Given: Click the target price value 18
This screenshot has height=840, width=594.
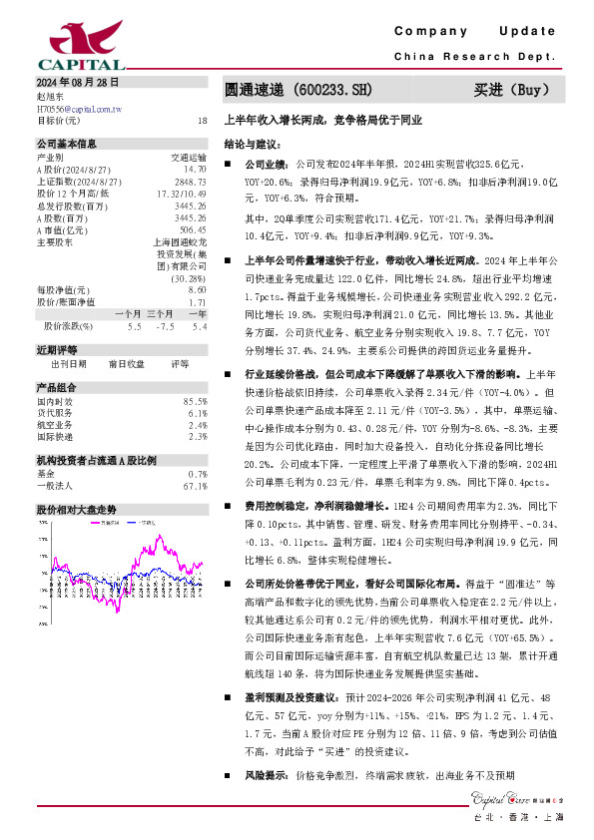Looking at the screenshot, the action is coord(203,120).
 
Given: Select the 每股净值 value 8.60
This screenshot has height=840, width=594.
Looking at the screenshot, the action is coord(199,289).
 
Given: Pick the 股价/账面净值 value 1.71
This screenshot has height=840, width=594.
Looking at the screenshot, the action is coord(199,300).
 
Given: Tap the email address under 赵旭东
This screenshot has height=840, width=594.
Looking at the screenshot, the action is coord(79,108).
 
